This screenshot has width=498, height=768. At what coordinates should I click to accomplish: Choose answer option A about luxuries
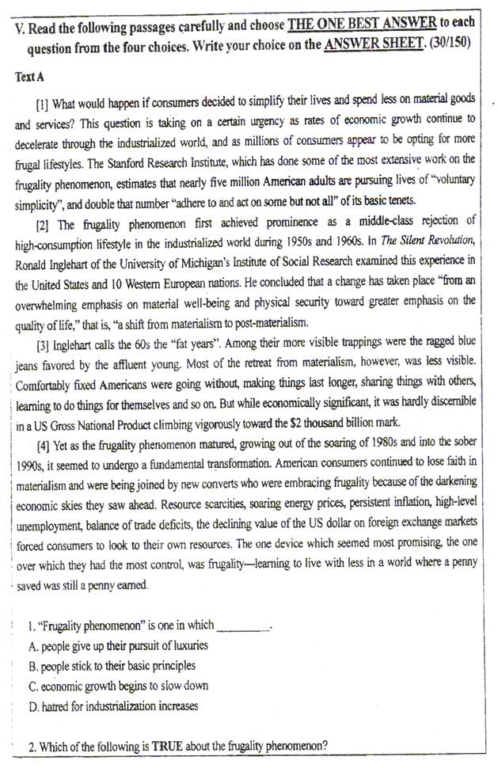(x=118, y=646)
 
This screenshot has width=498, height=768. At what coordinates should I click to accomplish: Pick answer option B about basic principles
(x=112, y=666)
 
